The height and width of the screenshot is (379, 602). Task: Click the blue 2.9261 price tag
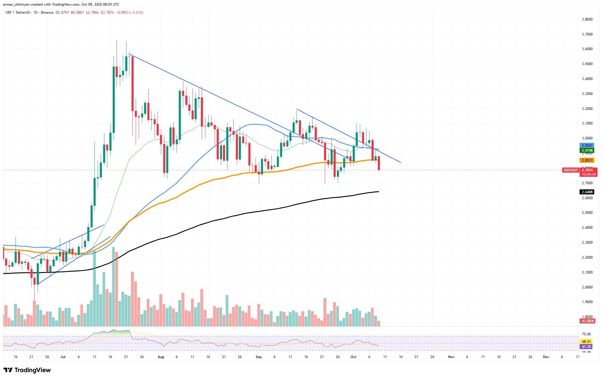pos(587,145)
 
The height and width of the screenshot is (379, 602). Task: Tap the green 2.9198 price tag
pos(587,151)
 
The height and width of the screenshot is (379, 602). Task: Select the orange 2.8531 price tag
pos(587,160)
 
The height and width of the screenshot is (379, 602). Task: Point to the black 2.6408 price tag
pos(587,192)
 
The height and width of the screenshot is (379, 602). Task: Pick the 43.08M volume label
pos(587,321)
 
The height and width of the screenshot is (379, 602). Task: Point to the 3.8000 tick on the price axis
pos(587,19)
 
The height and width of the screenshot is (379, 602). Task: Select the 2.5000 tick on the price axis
pos(587,213)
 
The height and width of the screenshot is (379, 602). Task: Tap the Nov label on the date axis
pos(451,357)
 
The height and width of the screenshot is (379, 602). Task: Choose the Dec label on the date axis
pos(546,357)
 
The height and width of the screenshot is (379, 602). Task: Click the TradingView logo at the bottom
pos(27,370)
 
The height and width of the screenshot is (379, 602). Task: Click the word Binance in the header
pos(47,13)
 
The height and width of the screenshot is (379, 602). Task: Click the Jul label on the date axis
pos(63,357)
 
